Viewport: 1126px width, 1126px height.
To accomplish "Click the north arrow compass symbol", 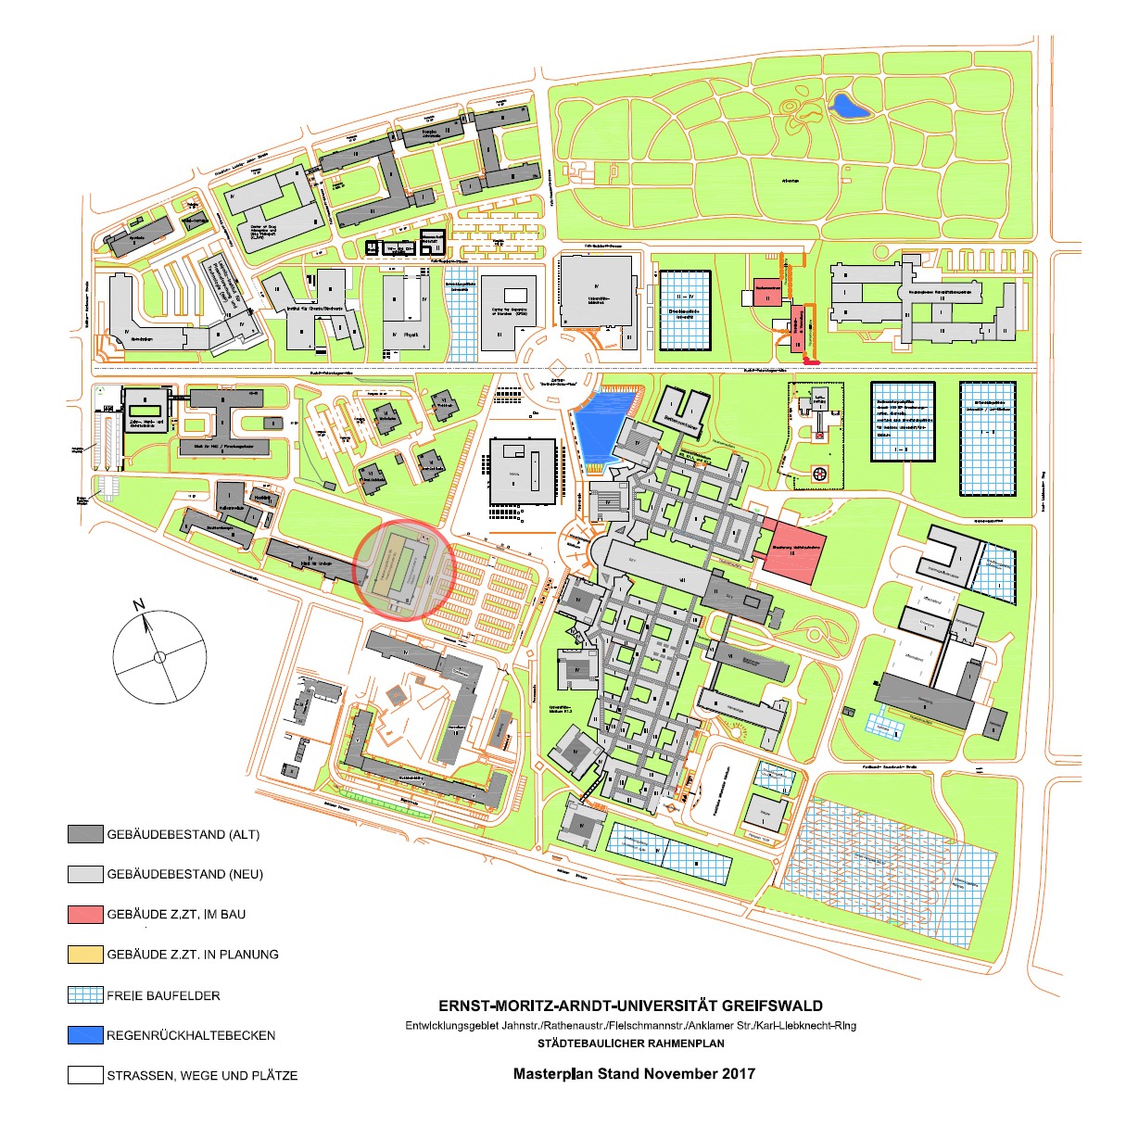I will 159,656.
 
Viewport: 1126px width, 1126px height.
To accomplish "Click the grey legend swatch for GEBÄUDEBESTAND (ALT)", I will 85,834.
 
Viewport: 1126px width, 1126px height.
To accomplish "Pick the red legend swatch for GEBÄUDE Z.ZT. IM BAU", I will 85,914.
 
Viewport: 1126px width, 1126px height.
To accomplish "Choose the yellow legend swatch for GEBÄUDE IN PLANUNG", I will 85,954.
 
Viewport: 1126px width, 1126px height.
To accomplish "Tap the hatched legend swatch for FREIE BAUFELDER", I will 85,995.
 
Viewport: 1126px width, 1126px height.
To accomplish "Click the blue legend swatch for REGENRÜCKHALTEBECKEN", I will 85,1035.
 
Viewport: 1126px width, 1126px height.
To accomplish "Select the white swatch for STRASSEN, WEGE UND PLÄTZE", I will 85,1075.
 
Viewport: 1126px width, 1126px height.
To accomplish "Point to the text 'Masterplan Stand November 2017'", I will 634,1074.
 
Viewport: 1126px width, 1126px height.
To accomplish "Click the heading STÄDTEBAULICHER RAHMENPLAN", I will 630,1044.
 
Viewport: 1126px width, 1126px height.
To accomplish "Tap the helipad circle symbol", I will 818,474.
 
